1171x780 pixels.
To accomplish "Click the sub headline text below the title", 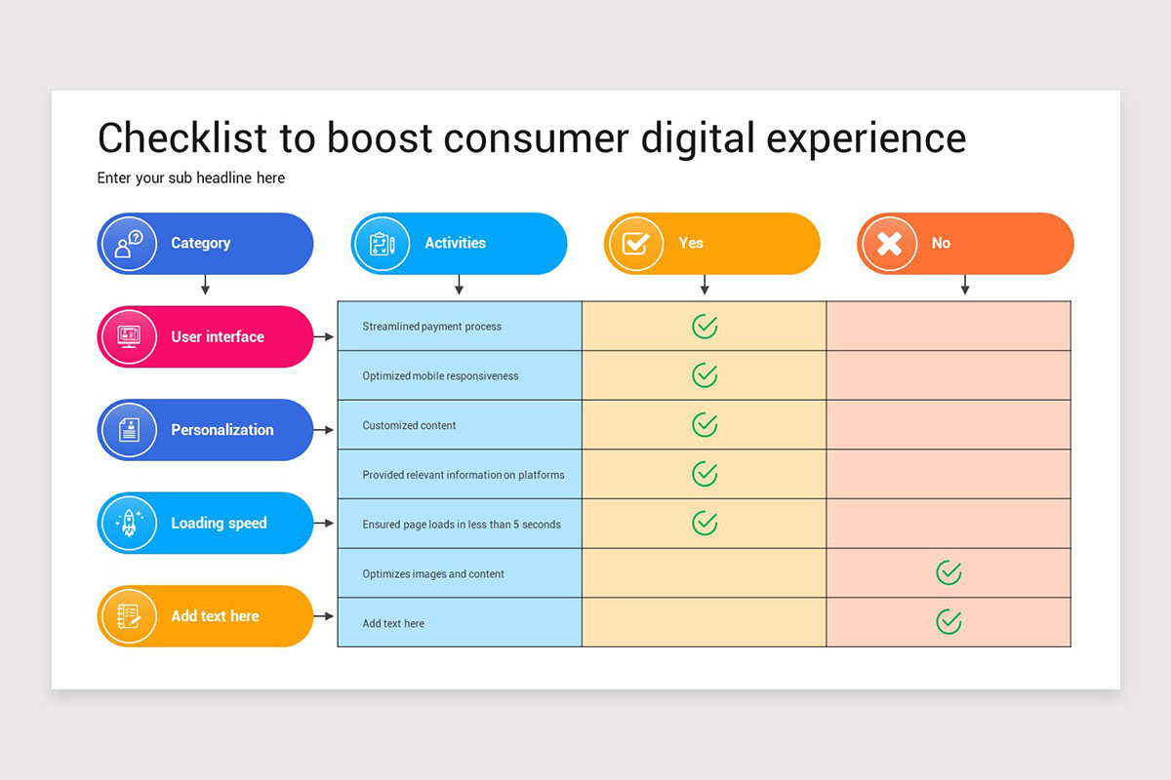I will pos(190,177).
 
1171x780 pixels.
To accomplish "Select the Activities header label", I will pos(455,243).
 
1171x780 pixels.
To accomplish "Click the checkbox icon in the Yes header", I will pos(635,243).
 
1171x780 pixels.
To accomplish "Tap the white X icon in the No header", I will pos(889,243).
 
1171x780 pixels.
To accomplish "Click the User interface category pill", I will pos(205,336).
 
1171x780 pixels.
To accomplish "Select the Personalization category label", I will pos(222,430).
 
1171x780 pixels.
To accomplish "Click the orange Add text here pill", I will pos(205,616).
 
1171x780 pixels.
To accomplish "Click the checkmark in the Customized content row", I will pos(705,425).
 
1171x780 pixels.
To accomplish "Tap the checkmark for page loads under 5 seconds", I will pos(705,524).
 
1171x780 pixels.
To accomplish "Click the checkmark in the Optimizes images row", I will pos(949,573).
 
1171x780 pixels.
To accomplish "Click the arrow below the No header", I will pos(965,285).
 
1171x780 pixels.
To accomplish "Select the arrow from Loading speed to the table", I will pos(325,524).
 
